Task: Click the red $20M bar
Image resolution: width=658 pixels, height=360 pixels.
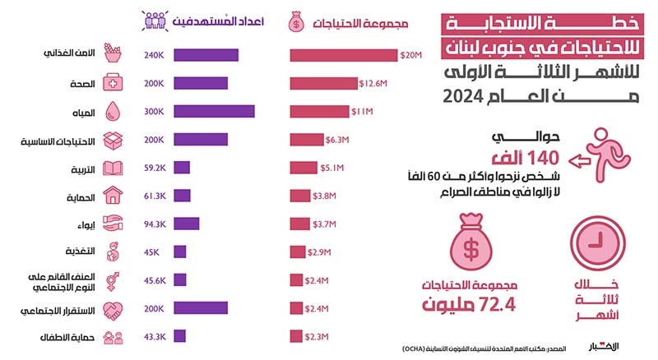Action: tap(343, 55)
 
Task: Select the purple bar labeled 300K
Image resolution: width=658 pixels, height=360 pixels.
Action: tap(214, 111)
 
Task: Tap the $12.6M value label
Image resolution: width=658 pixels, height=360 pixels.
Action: tap(373, 84)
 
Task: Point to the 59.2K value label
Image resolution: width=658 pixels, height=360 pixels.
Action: tap(155, 168)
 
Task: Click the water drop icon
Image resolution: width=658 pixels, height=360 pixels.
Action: tap(113, 112)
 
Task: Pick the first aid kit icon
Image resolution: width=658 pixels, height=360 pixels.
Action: tap(113, 83)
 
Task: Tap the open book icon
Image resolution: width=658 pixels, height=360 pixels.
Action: tap(113, 168)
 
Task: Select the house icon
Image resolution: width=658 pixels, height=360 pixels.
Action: tap(113, 196)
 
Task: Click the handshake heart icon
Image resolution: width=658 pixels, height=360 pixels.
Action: tap(113, 311)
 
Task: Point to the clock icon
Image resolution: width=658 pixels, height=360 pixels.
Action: tap(597, 242)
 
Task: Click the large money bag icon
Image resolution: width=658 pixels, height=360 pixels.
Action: tap(470, 242)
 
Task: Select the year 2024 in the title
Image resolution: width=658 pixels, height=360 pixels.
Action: tap(463, 96)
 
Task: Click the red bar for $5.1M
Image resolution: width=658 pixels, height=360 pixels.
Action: tap(304, 168)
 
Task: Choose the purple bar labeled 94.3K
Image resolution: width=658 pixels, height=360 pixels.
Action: tap(187, 224)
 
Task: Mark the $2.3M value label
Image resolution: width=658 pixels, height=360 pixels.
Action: tap(317, 337)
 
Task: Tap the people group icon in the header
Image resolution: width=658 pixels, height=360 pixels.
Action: tap(155, 21)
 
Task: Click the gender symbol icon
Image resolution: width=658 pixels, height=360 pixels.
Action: tap(113, 281)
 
